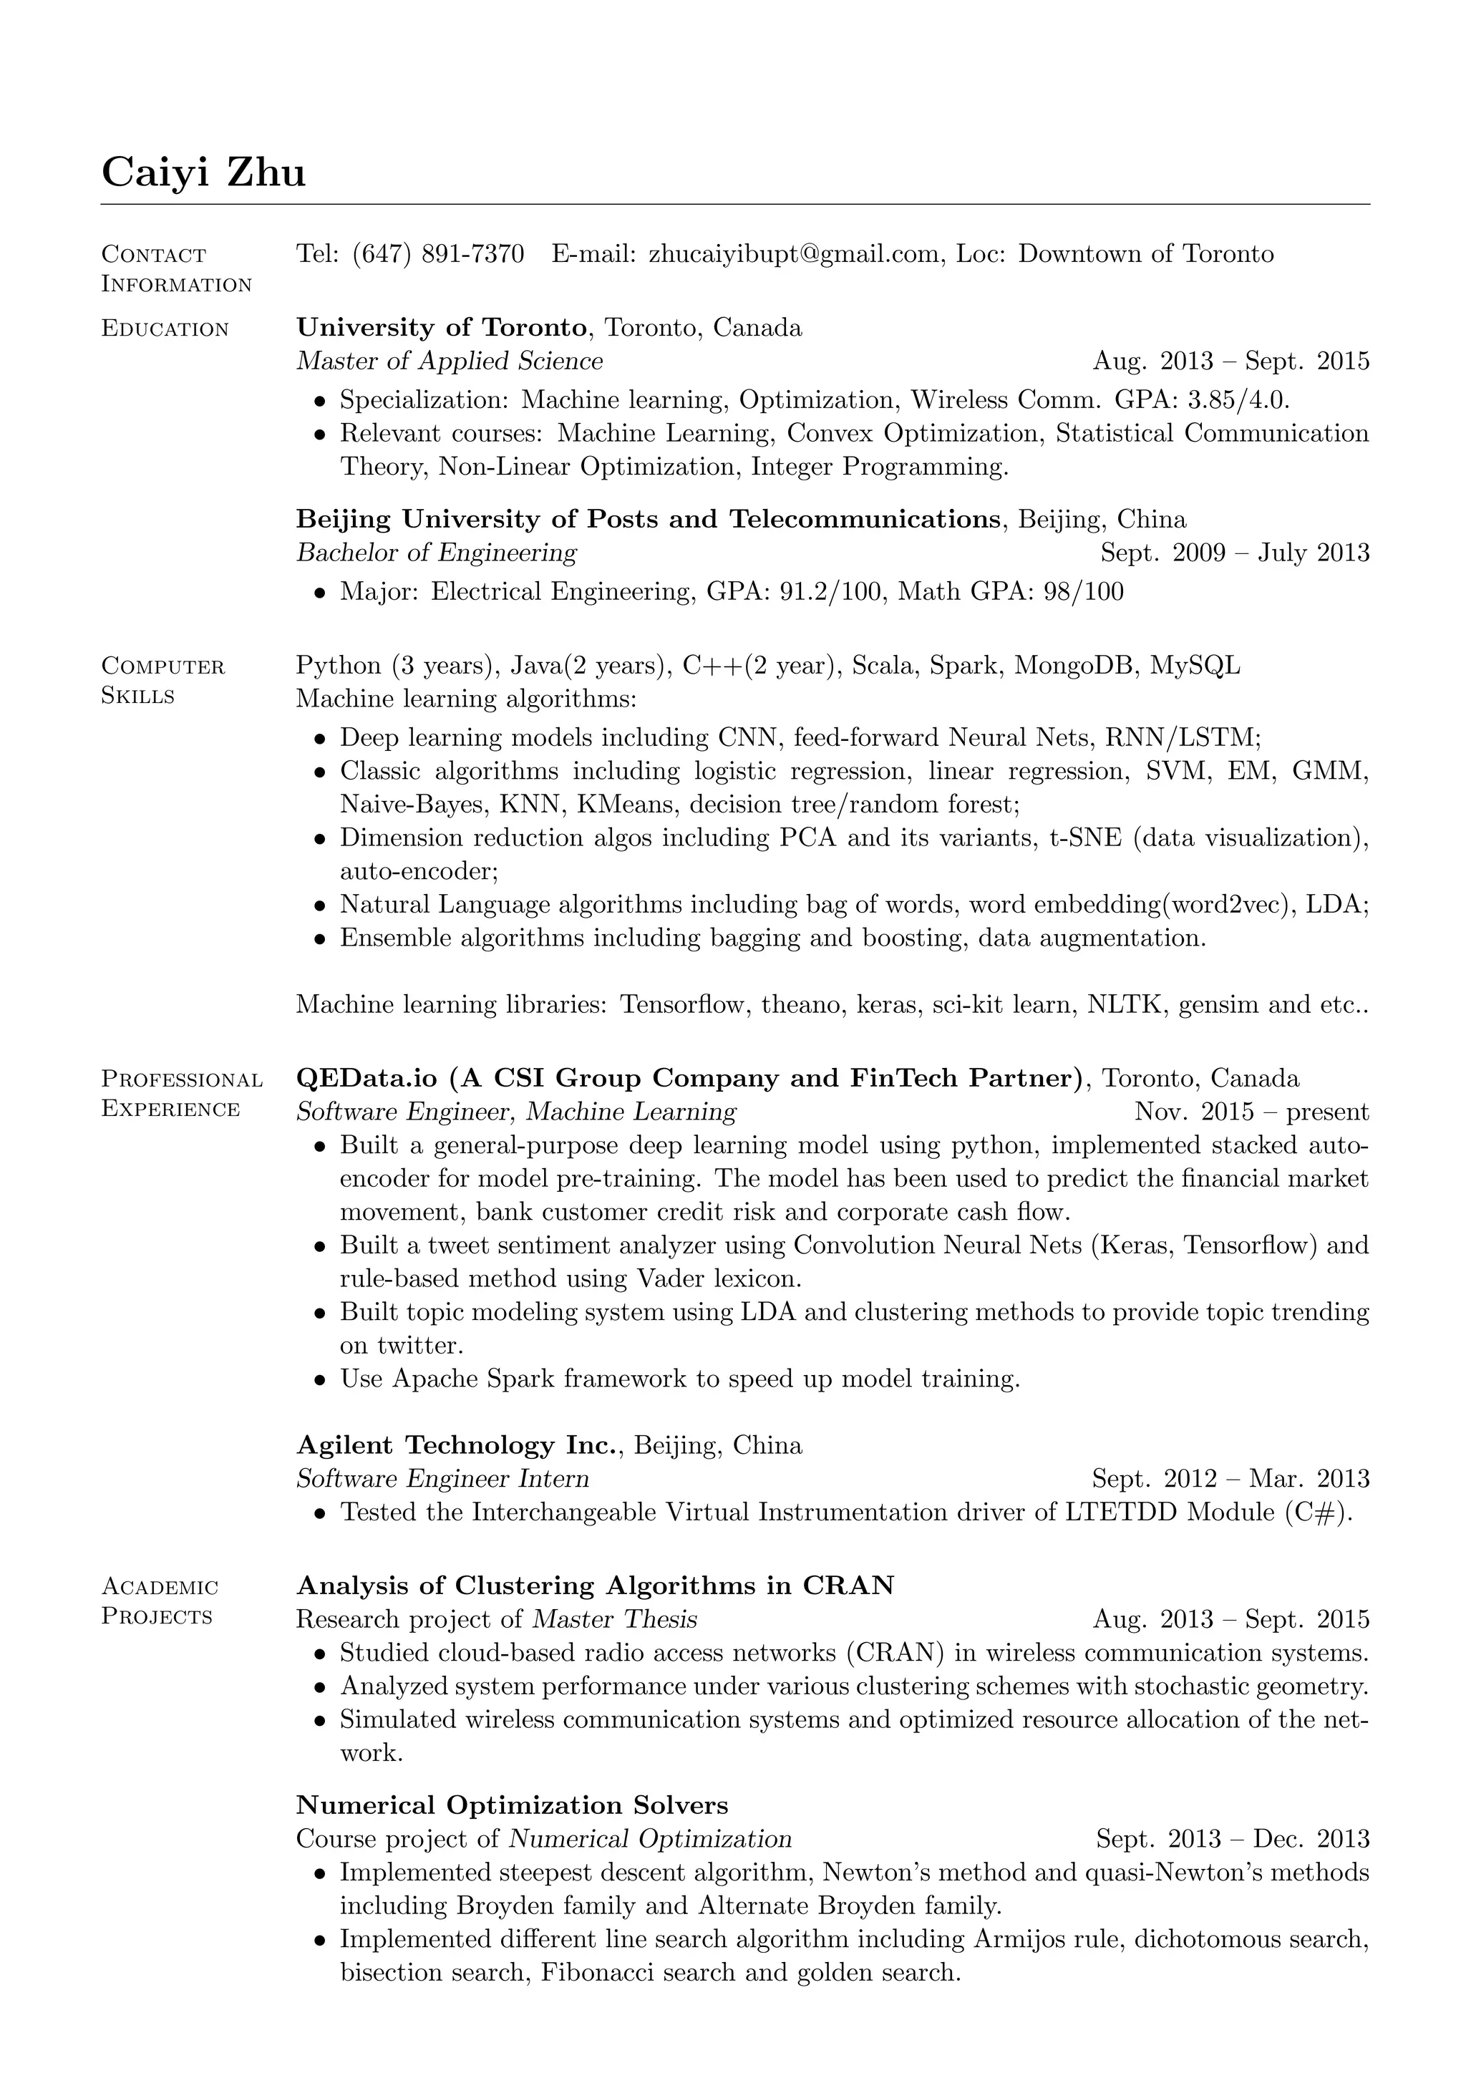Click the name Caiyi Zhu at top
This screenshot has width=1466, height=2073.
(x=203, y=172)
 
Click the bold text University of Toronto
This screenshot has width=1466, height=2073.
(x=442, y=327)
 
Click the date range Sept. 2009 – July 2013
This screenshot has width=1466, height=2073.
(x=1234, y=553)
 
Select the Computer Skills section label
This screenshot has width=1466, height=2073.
(x=162, y=681)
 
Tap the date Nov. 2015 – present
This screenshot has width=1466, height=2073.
(x=1251, y=1112)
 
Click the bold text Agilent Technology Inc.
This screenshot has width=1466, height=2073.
(x=460, y=1445)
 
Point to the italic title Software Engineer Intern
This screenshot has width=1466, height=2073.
(x=442, y=1479)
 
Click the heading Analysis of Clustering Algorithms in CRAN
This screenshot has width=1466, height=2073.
(x=595, y=1586)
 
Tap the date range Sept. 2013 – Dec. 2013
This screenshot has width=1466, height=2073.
(x=1232, y=1839)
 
